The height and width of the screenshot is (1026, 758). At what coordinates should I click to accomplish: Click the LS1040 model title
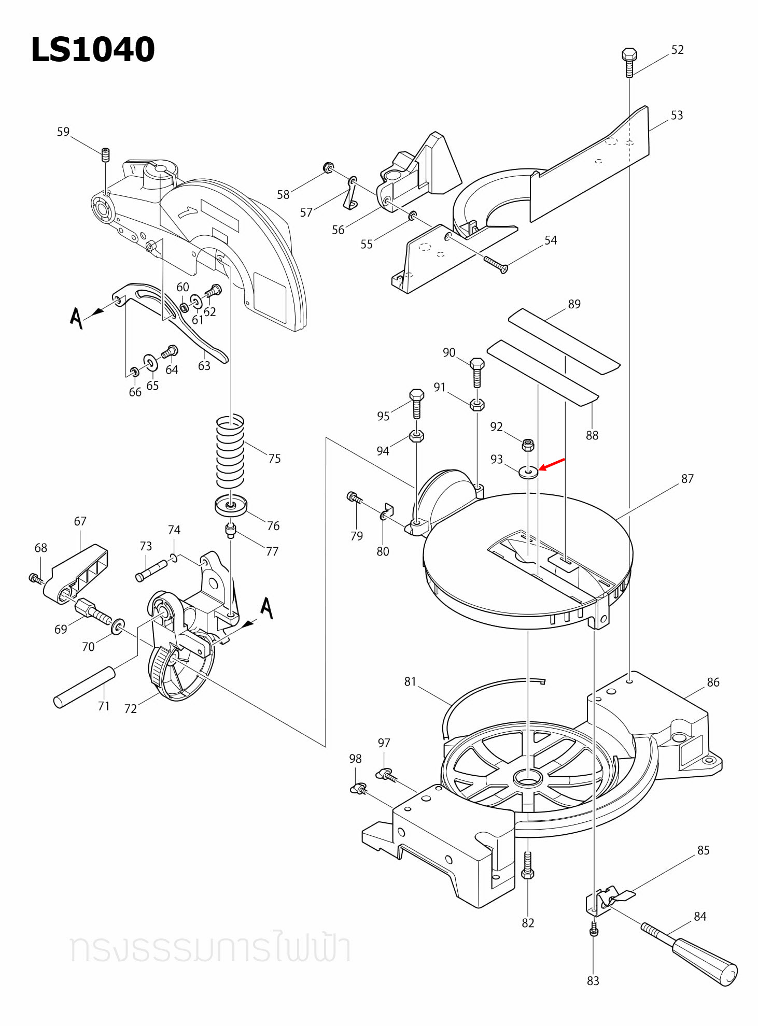point(93,50)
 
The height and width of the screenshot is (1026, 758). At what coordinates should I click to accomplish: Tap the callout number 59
point(63,132)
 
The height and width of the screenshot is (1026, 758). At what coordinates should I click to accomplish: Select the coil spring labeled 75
point(230,452)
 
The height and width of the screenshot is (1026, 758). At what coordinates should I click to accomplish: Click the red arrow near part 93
point(552,464)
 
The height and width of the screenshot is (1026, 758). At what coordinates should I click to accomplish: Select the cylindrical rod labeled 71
point(85,687)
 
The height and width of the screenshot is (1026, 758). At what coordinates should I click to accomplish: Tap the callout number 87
point(687,479)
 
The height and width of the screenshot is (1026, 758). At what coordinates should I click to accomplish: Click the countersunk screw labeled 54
point(495,264)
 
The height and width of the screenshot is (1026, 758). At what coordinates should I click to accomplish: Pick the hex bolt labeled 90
point(477,372)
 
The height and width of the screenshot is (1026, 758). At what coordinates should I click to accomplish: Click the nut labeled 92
point(528,445)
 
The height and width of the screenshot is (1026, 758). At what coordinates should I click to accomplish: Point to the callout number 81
point(410,682)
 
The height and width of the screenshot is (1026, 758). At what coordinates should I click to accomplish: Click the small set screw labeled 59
point(106,154)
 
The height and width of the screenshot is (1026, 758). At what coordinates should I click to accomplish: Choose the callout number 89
point(574,304)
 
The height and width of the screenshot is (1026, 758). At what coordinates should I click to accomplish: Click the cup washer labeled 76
point(231,506)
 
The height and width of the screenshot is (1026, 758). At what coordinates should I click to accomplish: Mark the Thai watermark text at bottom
point(210,948)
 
